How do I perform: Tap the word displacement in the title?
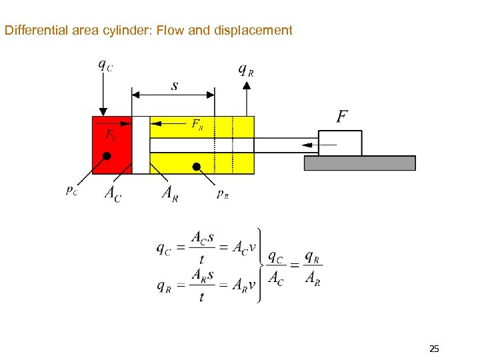click(258, 31)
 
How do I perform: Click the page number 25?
click(434, 349)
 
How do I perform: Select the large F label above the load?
click(341, 117)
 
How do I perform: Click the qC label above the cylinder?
click(105, 65)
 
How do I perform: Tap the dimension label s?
click(174, 85)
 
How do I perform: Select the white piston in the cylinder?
click(141, 145)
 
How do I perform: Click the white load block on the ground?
click(340, 143)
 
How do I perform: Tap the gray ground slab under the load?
click(359, 163)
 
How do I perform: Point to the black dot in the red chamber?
click(107, 156)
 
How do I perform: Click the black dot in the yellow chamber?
click(197, 166)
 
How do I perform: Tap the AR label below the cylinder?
click(171, 193)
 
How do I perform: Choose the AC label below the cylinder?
click(113, 193)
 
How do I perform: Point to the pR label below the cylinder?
click(223, 194)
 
